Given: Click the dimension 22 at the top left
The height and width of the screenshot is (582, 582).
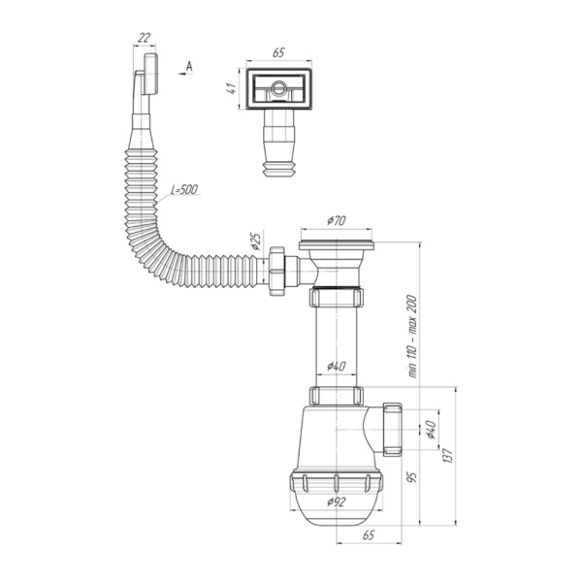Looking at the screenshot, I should tap(145, 37).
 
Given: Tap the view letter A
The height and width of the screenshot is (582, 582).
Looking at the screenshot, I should tap(190, 65).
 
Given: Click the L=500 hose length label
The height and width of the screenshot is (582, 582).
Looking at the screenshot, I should tap(181, 187).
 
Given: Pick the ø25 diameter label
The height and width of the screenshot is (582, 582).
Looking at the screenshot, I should tap(256, 242).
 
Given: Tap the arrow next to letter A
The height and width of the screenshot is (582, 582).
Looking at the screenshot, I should tap(180, 73).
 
